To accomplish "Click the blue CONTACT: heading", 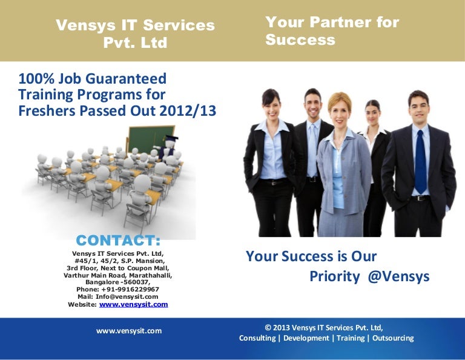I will [x=118, y=241].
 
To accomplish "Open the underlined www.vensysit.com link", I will [x=133, y=304].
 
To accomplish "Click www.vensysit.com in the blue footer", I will [x=129, y=331].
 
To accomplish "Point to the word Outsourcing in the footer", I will [x=392, y=338].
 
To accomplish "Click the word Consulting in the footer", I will [x=257, y=338].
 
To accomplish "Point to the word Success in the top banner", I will [x=300, y=40].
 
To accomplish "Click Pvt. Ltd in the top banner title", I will [x=136, y=43].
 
